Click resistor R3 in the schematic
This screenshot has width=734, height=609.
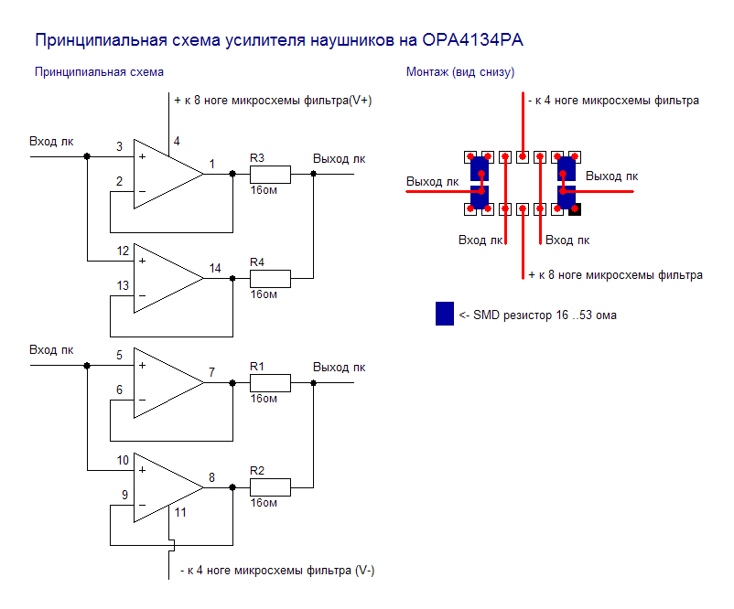[271, 175]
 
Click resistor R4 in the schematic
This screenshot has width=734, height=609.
[271, 278]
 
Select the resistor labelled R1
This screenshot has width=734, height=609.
[271, 382]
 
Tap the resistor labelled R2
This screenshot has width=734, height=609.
[271, 486]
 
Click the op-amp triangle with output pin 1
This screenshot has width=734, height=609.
[165, 174]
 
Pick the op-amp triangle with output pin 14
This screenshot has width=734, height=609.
[165, 278]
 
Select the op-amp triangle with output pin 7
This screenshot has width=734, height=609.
[165, 382]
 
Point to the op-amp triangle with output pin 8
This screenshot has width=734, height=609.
[165, 486]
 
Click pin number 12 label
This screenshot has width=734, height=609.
[123, 251]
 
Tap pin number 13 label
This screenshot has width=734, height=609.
[123, 286]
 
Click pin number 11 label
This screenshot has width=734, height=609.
[180, 513]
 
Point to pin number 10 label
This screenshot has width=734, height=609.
[123, 460]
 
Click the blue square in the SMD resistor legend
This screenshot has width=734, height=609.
[445, 314]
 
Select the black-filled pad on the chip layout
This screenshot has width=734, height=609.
[575, 209]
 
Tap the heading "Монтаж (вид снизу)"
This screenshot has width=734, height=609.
[460, 72]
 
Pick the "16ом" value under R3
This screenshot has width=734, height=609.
[264, 191]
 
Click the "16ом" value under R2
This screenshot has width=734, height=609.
[264, 503]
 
